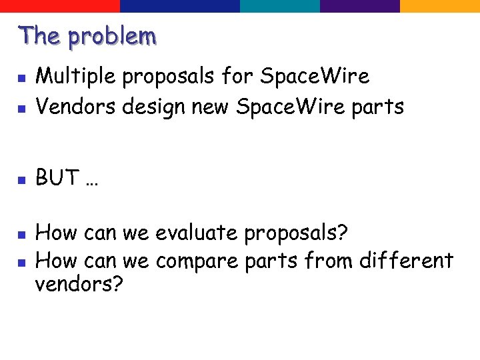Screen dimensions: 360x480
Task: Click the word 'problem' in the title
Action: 113,37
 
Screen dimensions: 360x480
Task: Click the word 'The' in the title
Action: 40,35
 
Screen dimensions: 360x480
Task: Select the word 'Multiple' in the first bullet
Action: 76,77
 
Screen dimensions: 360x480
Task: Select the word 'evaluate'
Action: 197,233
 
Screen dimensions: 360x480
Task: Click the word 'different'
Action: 406,260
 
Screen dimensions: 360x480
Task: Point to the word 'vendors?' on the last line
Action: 79,285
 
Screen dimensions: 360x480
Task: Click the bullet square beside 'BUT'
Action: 21,180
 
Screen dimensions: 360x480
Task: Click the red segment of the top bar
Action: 60,6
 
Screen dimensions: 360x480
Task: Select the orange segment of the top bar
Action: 440,6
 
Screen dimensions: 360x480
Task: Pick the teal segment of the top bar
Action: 280,6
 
